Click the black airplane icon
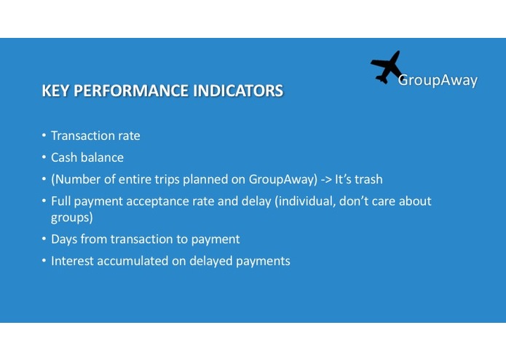[387, 67]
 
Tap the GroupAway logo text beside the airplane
[438, 80]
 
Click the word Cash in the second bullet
[64, 157]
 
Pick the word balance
[102, 157]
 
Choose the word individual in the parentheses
[304, 201]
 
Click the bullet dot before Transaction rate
[44, 136]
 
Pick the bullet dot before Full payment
[44, 200]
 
